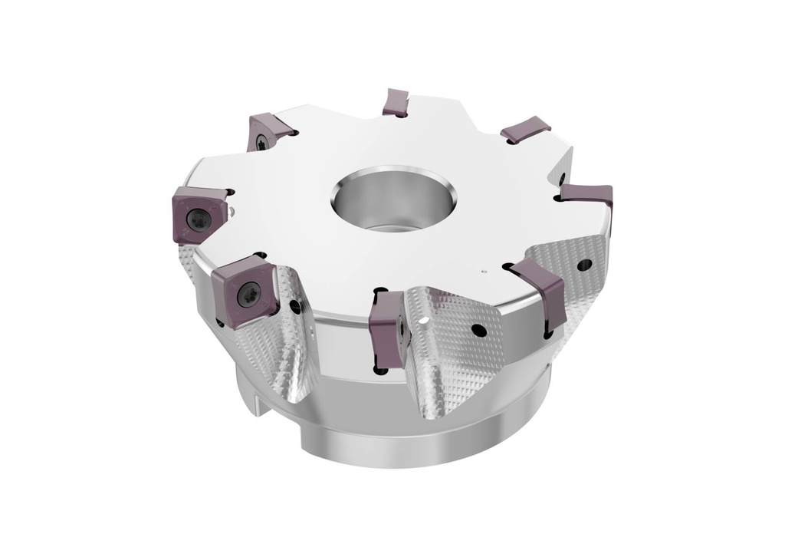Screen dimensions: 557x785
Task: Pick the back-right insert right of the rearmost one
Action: coord(526,129)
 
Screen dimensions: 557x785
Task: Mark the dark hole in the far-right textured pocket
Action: coord(584,265)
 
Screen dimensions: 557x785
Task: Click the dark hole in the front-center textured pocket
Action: coord(478,331)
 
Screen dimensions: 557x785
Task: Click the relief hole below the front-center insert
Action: coord(378,371)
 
